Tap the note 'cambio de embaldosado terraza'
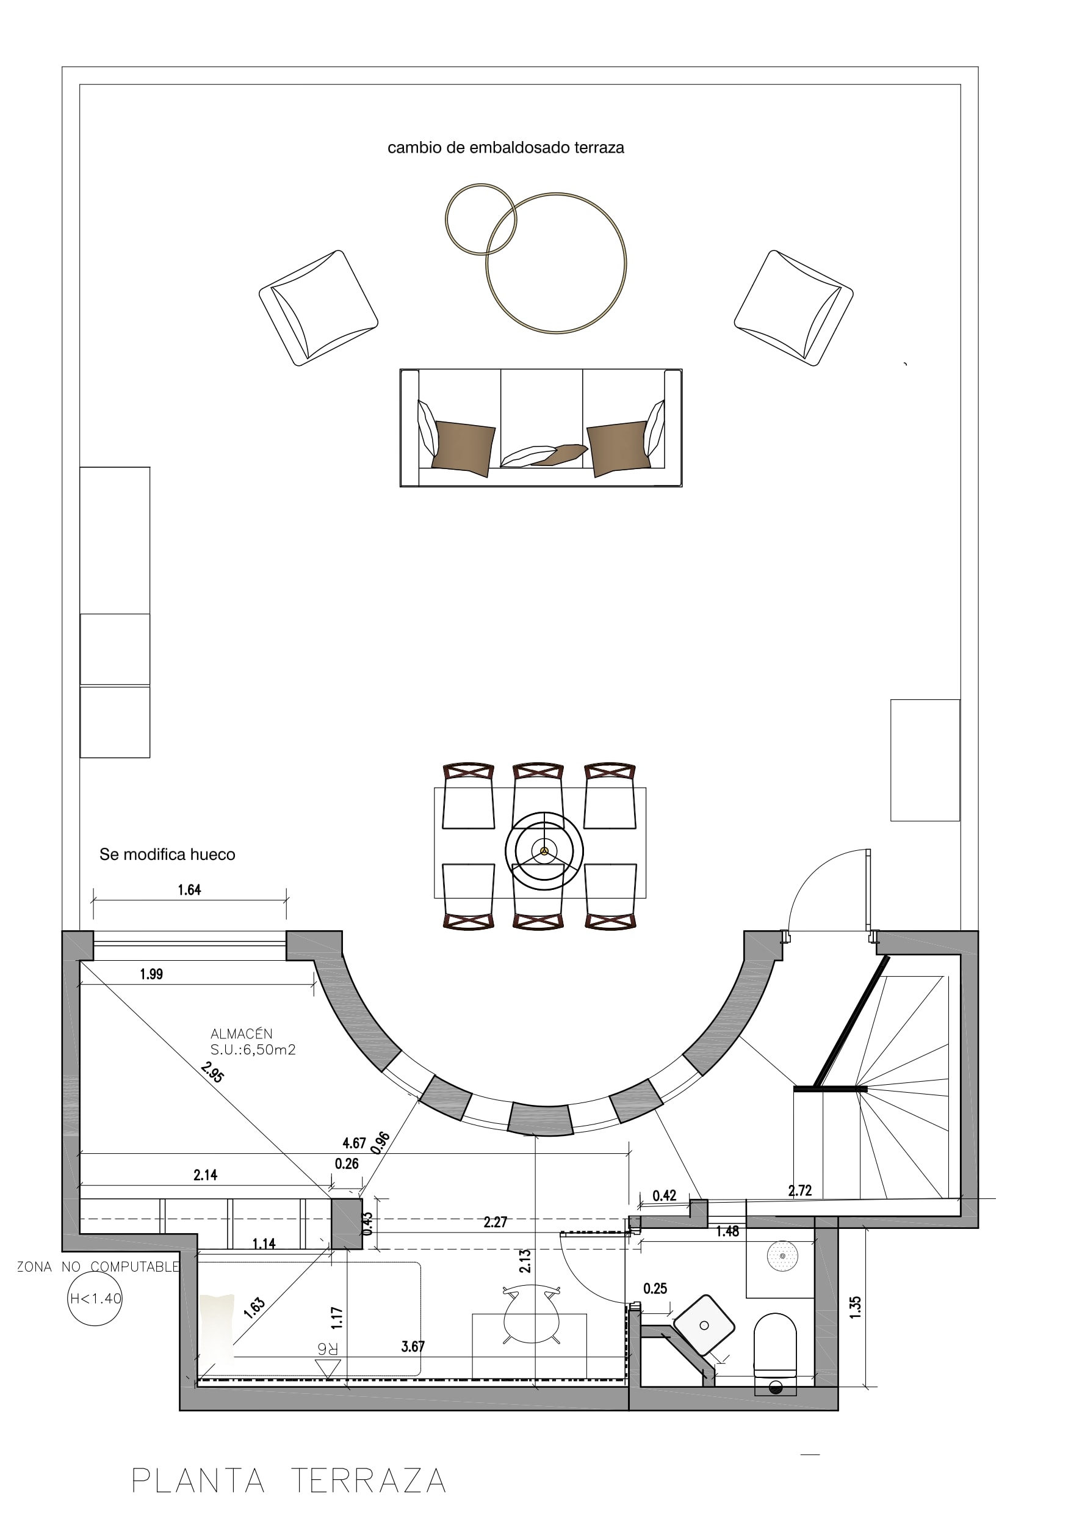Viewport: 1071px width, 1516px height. [505, 148]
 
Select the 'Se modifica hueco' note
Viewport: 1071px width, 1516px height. [167, 855]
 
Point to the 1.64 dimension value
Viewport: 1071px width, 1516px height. [189, 890]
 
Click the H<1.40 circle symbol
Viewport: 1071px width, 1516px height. [95, 1299]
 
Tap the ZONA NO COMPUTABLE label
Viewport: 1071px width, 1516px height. [98, 1266]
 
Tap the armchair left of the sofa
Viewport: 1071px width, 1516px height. [318, 308]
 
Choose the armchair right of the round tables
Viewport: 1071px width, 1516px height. [793, 308]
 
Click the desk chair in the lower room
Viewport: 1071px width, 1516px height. [531, 1314]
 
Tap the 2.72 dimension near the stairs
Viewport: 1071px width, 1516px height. [800, 1190]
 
